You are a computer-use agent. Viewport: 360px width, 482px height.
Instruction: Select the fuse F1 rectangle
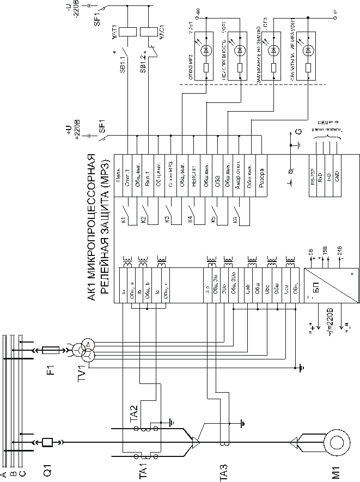pyautogui.click(x=53, y=352)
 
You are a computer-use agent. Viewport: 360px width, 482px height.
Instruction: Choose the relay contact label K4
pyautogui.click(x=190, y=221)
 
